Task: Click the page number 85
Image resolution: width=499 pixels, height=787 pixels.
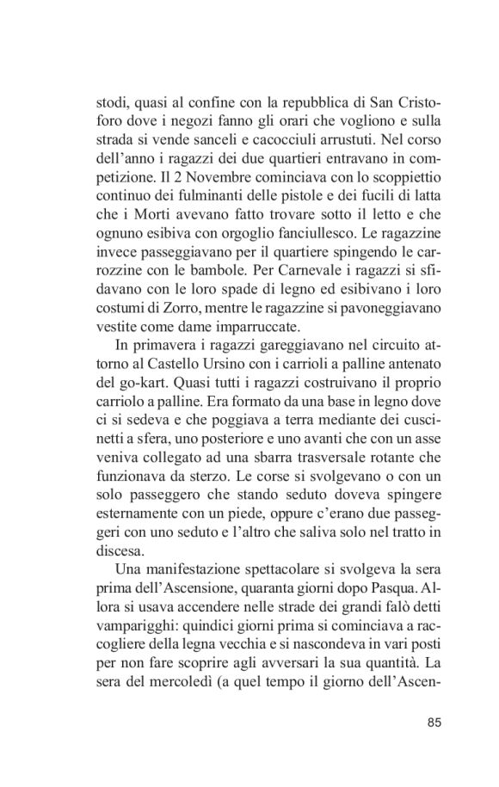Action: point(434,721)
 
